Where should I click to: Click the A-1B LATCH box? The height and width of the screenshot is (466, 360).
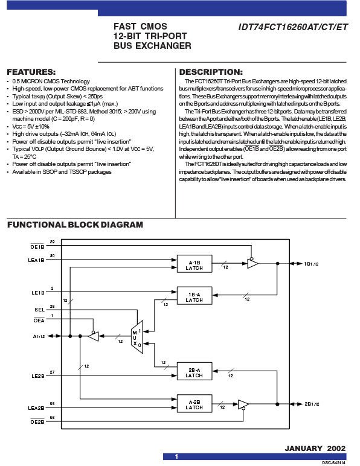click(194, 264)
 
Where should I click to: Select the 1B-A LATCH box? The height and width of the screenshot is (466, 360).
click(194, 296)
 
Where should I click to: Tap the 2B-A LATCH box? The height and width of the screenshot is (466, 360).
click(194, 371)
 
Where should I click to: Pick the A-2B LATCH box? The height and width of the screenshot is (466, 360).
click(194, 403)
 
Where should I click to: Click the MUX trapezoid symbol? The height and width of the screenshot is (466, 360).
click(137, 337)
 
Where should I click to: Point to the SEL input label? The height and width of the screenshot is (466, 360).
click(39, 310)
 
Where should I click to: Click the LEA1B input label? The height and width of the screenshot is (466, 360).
click(36, 260)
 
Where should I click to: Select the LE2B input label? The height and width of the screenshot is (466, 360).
click(38, 376)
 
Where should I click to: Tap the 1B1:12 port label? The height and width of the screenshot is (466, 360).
click(311, 264)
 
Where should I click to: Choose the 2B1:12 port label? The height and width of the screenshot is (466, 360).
click(312, 404)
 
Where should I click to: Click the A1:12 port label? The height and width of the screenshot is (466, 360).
click(39, 336)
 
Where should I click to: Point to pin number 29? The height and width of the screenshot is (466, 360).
click(53, 242)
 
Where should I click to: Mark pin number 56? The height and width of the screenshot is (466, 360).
click(53, 418)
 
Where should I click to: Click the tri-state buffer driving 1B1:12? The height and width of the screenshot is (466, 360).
click(252, 263)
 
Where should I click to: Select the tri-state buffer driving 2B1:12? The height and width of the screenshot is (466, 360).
click(243, 404)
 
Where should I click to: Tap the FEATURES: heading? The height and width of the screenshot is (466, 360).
click(31, 72)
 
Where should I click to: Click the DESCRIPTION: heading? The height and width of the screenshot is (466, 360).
click(211, 72)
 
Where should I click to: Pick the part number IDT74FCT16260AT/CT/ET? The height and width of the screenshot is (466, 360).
click(293, 27)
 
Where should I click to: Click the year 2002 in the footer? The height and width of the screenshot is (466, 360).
click(336, 448)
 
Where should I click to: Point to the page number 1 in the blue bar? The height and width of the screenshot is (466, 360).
click(176, 456)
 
